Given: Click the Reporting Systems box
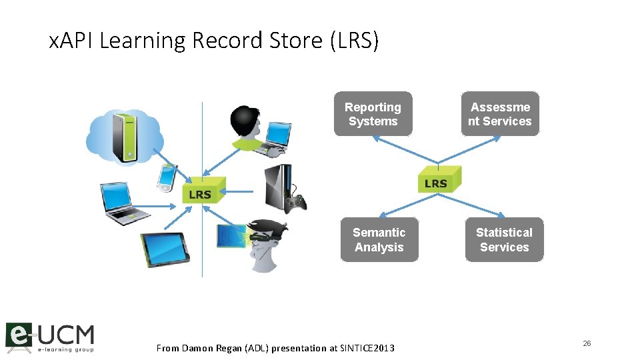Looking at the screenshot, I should (x=373, y=114).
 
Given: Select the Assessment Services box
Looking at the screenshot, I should (x=500, y=114).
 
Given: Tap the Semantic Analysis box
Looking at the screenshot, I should (x=379, y=239).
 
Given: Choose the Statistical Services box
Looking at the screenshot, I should (x=504, y=239).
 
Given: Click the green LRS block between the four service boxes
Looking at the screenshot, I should (x=438, y=181).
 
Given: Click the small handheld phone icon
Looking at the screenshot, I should (x=166, y=177).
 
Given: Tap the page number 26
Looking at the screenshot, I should (x=587, y=343).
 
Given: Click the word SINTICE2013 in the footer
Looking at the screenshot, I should (x=367, y=348).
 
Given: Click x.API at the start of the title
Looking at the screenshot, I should (x=72, y=41).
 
